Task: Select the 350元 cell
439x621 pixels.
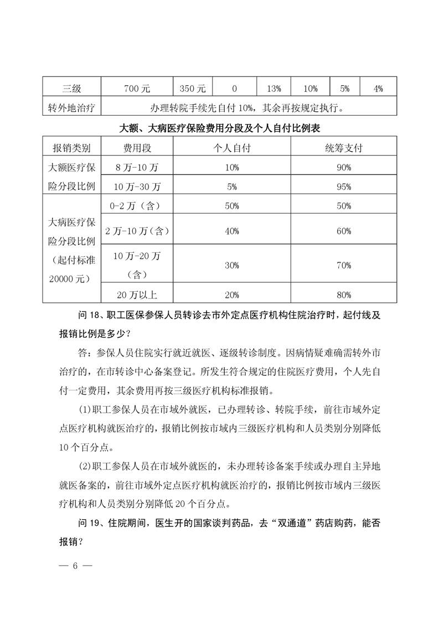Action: click(193, 88)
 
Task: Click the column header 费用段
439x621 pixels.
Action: click(137, 147)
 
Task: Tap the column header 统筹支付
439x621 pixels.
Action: click(344, 147)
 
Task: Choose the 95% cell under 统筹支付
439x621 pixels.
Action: click(344, 187)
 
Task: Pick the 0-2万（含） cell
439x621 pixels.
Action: click(137, 206)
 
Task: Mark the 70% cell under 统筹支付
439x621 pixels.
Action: click(344, 266)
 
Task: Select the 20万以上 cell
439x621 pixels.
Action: click(137, 295)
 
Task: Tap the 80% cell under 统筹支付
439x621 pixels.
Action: click(344, 295)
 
